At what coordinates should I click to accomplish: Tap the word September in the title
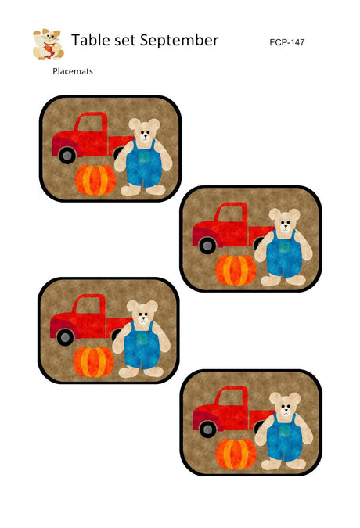179,41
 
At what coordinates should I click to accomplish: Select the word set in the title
125,41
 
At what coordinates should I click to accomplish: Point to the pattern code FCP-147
287,42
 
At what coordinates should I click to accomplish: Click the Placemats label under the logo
73,71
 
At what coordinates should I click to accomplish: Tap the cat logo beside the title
49,44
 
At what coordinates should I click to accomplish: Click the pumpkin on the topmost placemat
95,180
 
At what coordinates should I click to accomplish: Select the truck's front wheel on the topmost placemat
67,156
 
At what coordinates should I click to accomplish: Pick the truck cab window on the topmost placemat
90,124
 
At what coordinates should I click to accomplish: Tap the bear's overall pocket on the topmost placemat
144,157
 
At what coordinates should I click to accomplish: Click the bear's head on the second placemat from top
285,221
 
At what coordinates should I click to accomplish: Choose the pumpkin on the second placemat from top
236,270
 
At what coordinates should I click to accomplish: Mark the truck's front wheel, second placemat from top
207,246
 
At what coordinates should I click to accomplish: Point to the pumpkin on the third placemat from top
93,361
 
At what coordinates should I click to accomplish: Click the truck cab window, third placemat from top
88,305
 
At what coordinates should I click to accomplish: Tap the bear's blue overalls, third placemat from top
142,344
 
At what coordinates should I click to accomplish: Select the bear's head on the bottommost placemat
285,404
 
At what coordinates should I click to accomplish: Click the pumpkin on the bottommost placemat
236,454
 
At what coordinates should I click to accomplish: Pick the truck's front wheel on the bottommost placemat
208,429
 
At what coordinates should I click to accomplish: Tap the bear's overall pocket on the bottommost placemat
285,431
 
